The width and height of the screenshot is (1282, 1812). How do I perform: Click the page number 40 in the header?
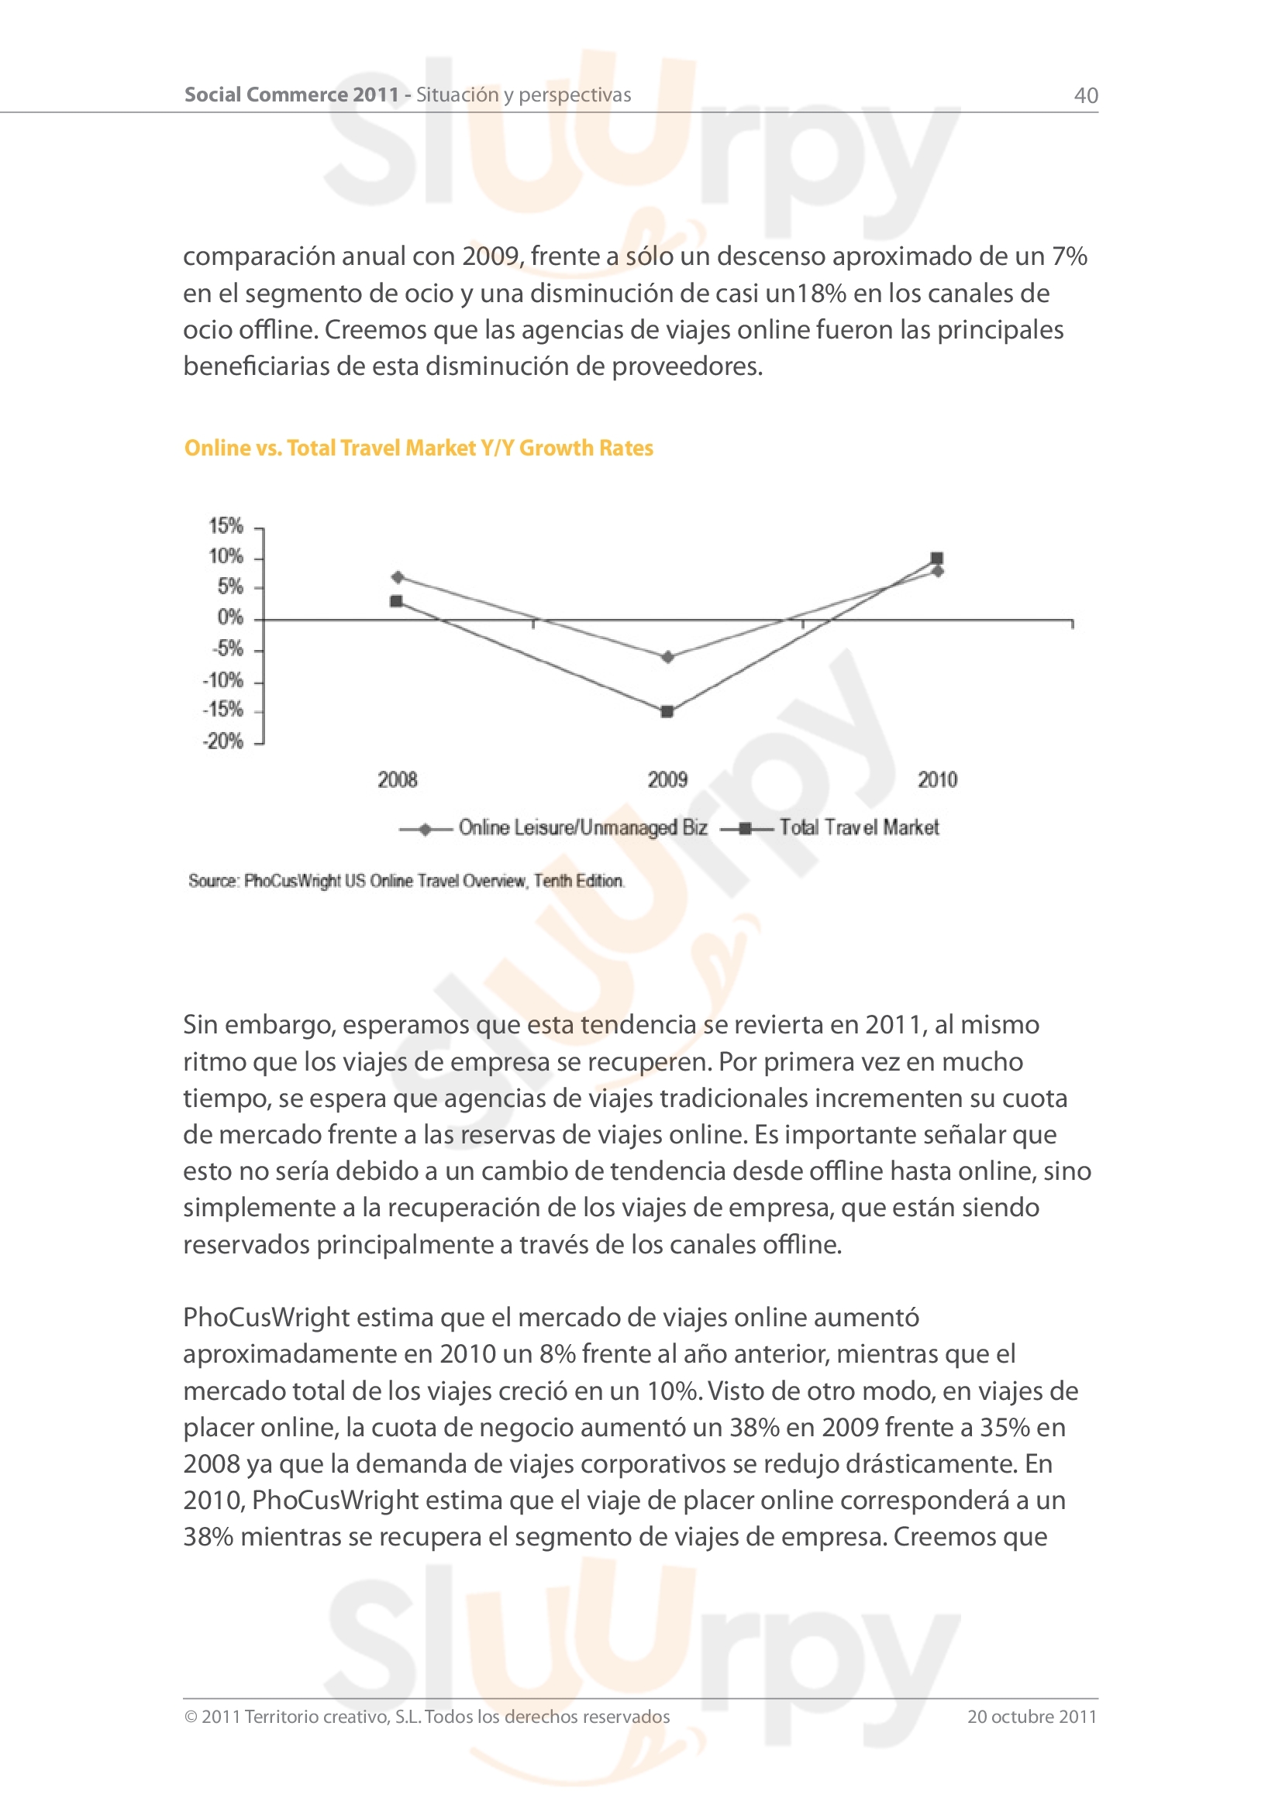1085,95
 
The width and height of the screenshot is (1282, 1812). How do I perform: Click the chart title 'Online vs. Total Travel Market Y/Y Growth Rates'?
419,449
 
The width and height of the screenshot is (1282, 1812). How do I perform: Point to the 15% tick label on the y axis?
226,525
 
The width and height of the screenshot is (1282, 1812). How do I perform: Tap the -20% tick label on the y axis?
223,741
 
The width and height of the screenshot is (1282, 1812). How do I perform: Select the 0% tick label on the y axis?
229,617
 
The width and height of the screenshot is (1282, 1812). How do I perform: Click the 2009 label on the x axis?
667,780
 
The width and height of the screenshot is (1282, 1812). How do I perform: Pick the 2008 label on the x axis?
397,780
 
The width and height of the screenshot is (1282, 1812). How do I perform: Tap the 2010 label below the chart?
937,780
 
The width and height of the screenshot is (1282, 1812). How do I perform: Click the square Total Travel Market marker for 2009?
667,712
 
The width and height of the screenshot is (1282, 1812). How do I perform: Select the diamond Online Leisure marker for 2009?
668,657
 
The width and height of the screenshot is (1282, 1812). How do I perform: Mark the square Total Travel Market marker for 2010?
937,558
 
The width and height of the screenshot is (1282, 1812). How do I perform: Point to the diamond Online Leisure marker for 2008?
398,577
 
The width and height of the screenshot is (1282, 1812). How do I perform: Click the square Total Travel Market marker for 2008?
396,601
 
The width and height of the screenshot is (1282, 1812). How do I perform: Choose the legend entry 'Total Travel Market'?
859,827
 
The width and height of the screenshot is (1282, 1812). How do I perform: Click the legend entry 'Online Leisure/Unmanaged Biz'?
583,827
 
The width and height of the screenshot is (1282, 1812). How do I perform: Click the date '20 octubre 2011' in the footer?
1032,1717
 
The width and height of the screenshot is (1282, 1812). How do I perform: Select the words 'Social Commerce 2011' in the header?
291,95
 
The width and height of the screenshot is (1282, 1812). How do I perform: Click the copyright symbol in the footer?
190,1717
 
